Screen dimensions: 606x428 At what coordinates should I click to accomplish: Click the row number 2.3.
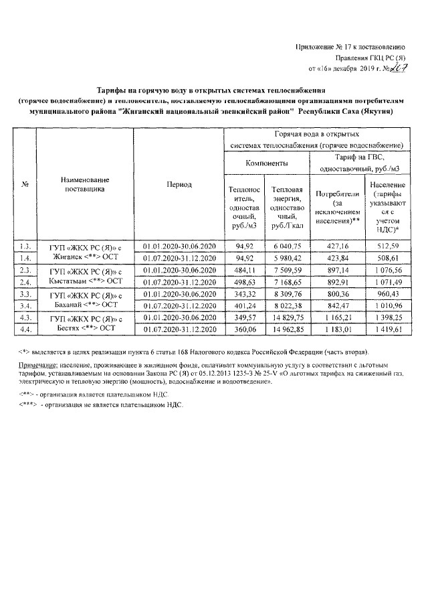coord(26,270)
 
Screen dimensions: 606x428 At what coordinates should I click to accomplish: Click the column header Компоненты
coord(267,163)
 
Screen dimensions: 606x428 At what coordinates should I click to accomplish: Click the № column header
coord(26,185)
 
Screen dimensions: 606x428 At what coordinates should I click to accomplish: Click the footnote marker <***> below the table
coord(27,406)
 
